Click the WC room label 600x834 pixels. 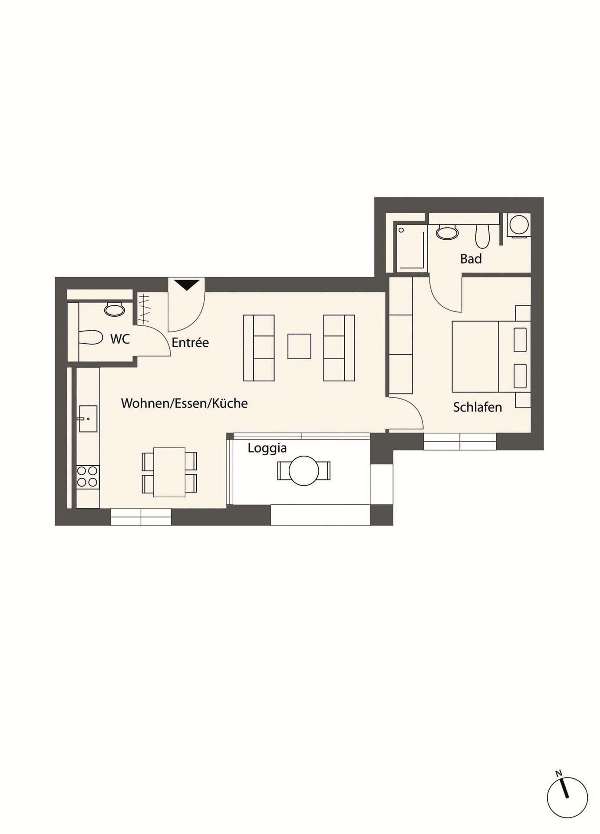tap(120, 339)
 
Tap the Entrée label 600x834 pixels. tap(190, 342)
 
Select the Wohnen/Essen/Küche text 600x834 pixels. tap(185, 403)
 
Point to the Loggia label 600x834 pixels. tap(267, 448)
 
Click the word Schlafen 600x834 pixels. tap(478, 407)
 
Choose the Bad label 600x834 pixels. tap(471, 259)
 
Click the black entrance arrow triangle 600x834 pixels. tap(187, 285)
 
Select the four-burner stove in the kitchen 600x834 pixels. tap(88, 477)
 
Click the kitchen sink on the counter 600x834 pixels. tap(88, 419)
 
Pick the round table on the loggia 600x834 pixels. tap(304, 470)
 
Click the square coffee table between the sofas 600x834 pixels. tap(299, 346)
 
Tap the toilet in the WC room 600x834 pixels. tap(91, 338)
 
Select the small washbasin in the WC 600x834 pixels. tap(115, 310)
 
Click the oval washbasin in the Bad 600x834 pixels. tap(447, 233)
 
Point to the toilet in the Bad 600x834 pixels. tap(482, 236)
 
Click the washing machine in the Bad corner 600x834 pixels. tap(519, 225)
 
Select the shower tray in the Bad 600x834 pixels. tap(411, 246)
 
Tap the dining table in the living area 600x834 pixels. tap(169, 472)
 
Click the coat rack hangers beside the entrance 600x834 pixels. tap(144, 309)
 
